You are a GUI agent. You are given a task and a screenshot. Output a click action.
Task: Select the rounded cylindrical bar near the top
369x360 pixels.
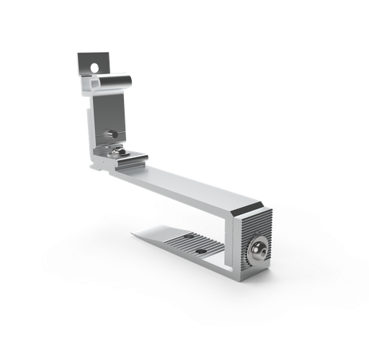115,82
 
